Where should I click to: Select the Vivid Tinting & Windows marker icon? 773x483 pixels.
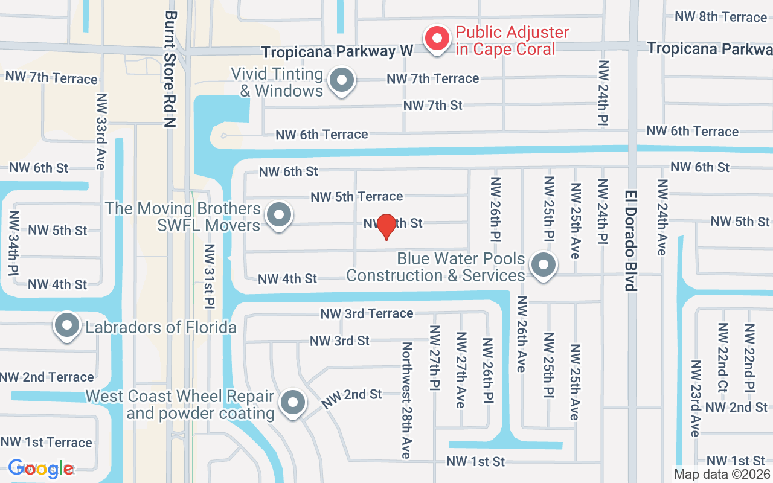pyautogui.click(x=342, y=80)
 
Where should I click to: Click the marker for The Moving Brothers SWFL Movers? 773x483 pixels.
pyautogui.click(x=279, y=215)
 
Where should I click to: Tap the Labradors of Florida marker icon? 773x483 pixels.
pyautogui.click(x=67, y=326)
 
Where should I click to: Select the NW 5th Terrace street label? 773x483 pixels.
pyautogui.click(x=356, y=197)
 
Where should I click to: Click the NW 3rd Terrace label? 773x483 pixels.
pyautogui.click(x=367, y=313)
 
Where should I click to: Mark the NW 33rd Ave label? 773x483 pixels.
pyautogui.click(x=101, y=130)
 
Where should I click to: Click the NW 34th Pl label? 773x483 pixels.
pyautogui.click(x=13, y=243)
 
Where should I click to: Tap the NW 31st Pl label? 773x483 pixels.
pyautogui.click(x=210, y=275)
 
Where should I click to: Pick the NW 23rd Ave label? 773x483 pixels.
pyautogui.click(x=696, y=398)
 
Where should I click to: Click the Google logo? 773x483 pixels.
pyautogui.click(x=41, y=468)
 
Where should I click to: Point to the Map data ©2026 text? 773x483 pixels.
pyautogui.click(x=722, y=475)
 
